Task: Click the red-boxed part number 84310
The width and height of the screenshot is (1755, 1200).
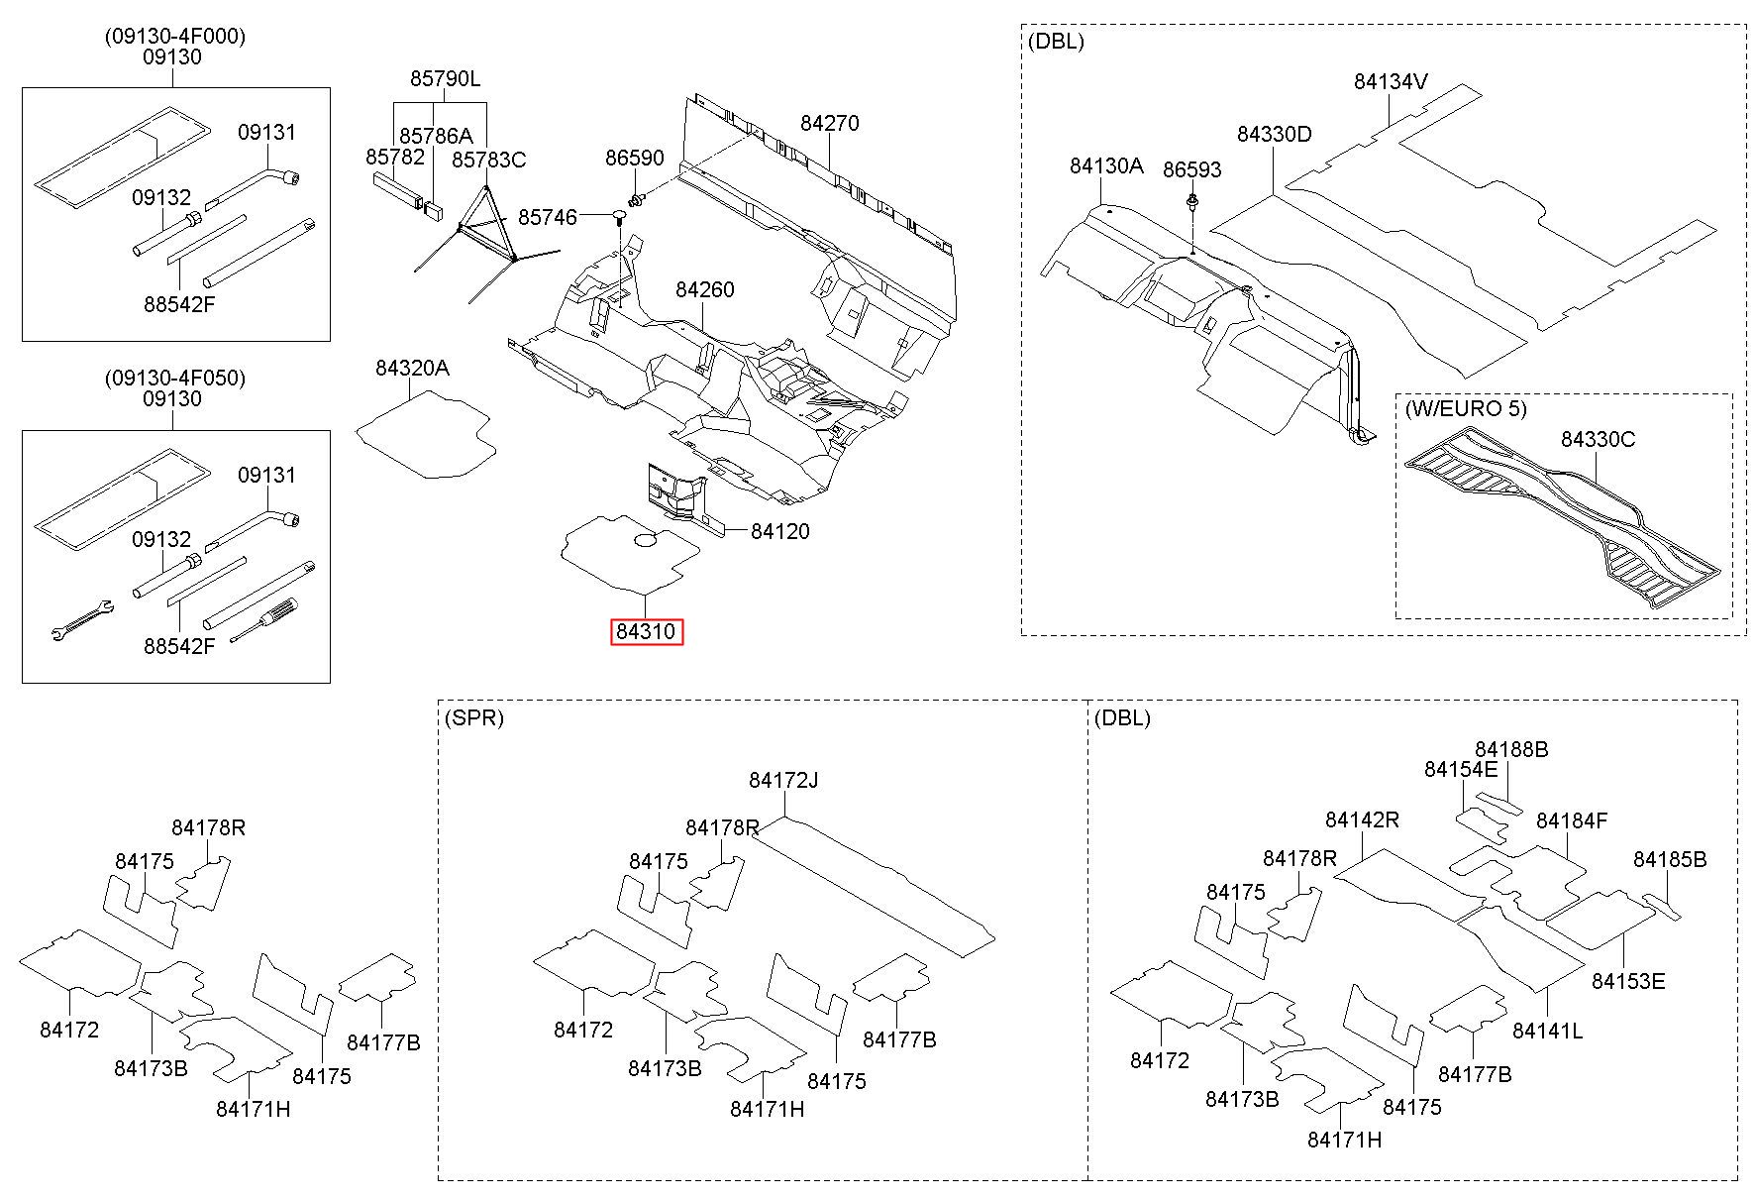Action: pyautogui.click(x=647, y=631)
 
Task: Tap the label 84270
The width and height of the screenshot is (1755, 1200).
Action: pyautogui.click(x=830, y=123)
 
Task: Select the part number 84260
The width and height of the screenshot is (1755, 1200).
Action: pyautogui.click(x=705, y=289)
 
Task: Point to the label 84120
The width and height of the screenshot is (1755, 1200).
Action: pyautogui.click(x=780, y=531)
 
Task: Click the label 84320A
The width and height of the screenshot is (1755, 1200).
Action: pyautogui.click(x=412, y=368)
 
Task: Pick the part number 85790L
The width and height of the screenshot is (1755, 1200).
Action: pyautogui.click(x=446, y=78)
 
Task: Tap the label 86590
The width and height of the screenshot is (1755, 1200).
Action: pyautogui.click(x=635, y=159)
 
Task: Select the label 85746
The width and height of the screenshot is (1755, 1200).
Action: pyautogui.click(x=548, y=216)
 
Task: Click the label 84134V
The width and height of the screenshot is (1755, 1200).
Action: pyautogui.click(x=1392, y=81)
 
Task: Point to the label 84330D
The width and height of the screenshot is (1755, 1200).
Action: pyautogui.click(x=1274, y=133)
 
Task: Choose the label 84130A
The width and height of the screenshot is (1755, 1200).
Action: pyautogui.click(x=1106, y=165)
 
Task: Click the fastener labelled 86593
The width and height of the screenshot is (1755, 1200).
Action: pyautogui.click(x=1192, y=205)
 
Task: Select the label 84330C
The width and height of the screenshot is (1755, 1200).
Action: pyautogui.click(x=1599, y=439)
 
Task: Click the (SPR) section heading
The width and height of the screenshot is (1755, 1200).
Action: pyautogui.click(x=474, y=717)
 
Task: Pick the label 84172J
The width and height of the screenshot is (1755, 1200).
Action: pyautogui.click(x=783, y=780)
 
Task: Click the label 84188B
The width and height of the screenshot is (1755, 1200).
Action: pyautogui.click(x=1511, y=749)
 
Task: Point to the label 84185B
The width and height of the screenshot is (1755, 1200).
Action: pyautogui.click(x=1671, y=859)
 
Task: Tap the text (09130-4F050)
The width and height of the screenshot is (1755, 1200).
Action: pyautogui.click(x=175, y=378)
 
